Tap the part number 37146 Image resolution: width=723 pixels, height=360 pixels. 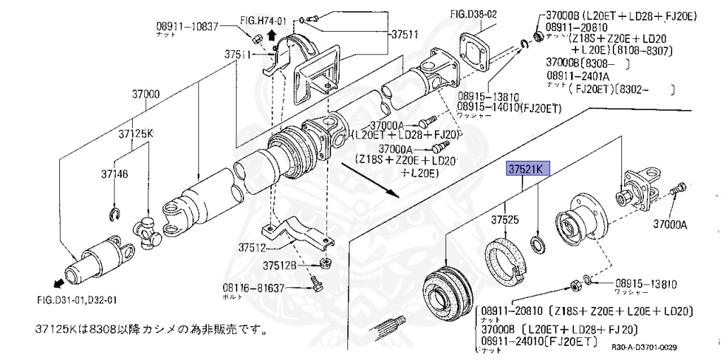[113, 174]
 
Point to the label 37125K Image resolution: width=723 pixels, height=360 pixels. [136, 133]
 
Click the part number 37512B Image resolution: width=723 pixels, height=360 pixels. [281, 265]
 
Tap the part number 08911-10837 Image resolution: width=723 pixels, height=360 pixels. [188, 26]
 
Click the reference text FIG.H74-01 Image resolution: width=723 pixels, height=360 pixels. [260, 21]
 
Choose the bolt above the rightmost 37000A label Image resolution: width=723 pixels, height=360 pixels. [678, 189]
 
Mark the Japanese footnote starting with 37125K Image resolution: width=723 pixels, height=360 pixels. [152, 329]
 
